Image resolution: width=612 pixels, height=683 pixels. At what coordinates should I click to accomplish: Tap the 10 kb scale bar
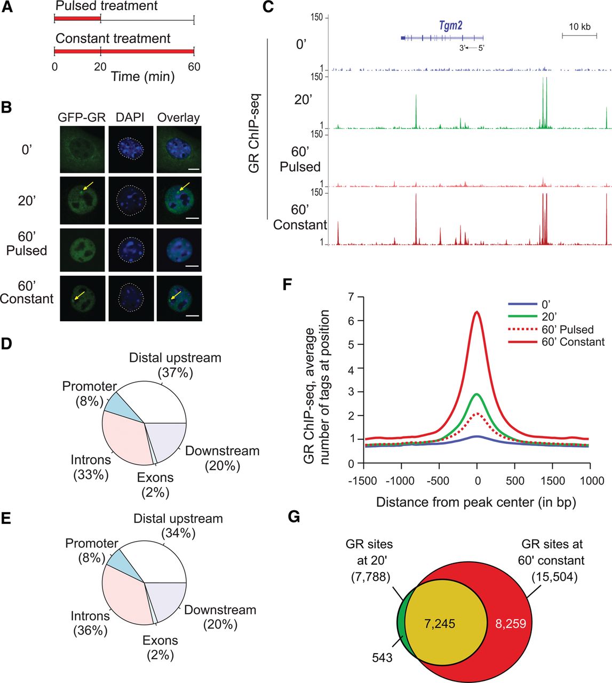[x=579, y=35]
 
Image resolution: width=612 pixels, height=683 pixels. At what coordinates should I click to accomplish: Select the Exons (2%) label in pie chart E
[x=160, y=647]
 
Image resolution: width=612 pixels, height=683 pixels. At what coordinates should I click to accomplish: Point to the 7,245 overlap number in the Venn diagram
[x=440, y=623]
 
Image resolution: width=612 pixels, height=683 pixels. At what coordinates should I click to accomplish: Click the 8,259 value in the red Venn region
[x=511, y=623]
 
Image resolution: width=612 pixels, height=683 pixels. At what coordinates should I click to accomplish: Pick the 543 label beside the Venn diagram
[x=382, y=657]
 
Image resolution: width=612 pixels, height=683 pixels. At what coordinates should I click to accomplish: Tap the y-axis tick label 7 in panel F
[x=351, y=297]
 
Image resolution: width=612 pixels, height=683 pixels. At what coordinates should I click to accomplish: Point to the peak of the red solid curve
[x=477, y=312]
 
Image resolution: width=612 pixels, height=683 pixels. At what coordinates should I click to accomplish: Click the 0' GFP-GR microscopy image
[x=82, y=149]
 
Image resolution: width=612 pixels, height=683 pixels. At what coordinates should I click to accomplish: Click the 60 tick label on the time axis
[x=194, y=67]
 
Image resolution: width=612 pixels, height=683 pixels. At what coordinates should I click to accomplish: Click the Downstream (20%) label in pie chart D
[x=222, y=458]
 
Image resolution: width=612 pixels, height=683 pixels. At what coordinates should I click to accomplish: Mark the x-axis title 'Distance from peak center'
[x=476, y=502]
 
